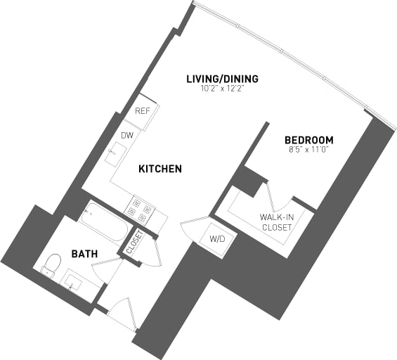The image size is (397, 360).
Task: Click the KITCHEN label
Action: coord(160,169)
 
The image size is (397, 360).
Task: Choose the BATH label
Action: coord(84,253)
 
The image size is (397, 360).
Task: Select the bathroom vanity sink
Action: coord(73,283)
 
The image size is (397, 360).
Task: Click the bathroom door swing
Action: coord(107,270)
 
